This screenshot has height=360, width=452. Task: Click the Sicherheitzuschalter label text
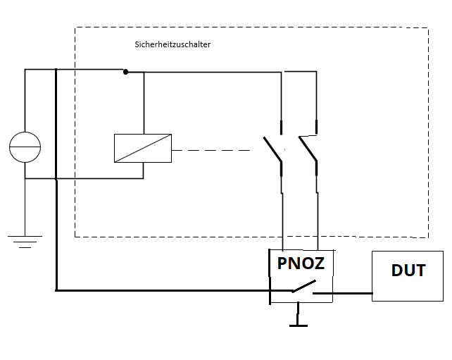tap(172, 44)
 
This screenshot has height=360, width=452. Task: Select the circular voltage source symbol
tap(25, 147)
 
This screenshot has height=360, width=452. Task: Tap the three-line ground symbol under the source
tap(25, 242)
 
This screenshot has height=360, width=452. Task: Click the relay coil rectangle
tap(143, 149)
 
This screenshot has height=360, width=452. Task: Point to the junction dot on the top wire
tap(125, 71)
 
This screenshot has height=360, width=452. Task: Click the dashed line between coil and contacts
tap(211, 150)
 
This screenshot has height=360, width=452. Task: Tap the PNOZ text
tap(300, 265)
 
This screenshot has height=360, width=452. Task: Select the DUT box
tap(407, 275)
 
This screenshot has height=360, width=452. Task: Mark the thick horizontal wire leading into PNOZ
tap(162, 290)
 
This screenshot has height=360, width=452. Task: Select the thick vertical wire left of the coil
tap(56, 176)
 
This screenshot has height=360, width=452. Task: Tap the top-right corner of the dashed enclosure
tap(428, 28)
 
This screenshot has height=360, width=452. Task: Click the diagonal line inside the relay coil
tap(143, 149)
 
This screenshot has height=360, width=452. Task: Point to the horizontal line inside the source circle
tap(25, 147)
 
